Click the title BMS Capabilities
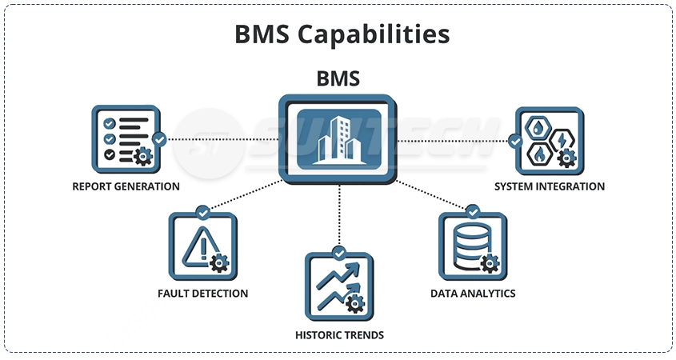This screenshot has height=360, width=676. coord(342,34)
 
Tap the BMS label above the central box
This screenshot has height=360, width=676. coord(338,78)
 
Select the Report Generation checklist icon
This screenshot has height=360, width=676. coord(126,139)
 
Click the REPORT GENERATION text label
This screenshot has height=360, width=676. coord(126,186)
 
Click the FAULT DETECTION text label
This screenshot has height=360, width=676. coord(203,294)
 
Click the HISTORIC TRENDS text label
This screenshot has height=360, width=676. coord(338,335)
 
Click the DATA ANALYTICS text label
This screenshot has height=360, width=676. coord(473,294)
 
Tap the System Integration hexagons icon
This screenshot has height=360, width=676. coord(549,141)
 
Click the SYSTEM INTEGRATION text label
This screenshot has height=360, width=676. coord(550,186)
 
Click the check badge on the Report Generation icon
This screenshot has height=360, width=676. coord(160,139)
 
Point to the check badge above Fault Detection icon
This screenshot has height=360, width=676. coord(203,213)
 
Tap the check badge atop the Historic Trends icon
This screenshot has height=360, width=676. coord(338,254)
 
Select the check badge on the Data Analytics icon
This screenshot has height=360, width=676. coord(473,212)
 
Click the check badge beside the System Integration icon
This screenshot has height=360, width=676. coord(516,141)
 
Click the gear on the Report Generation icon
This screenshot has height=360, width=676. coord(143,156)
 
